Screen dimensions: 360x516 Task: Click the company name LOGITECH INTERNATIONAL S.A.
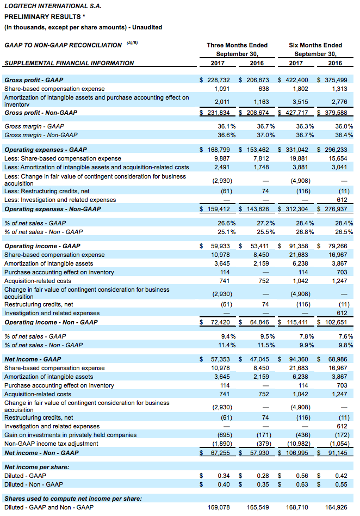[x=53, y=6]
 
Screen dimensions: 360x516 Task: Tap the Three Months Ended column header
[x=237, y=45]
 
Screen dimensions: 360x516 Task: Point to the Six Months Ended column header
[x=315, y=45]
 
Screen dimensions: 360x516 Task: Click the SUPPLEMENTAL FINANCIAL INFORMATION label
[x=69, y=63]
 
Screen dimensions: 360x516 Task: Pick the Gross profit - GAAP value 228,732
[x=219, y=80]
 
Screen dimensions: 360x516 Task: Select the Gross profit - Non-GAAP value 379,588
[x=336, y=113]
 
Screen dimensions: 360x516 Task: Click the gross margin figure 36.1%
[x=227, y=126]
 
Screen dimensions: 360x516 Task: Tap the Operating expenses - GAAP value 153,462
[x=258, y=150]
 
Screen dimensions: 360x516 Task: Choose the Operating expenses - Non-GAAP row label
[x=53, y=209]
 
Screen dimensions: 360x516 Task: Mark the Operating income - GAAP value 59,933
[x=220, y=246]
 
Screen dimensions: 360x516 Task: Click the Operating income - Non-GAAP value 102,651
[x=336, y=322]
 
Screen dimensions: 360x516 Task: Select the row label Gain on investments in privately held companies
[x=70, y=435]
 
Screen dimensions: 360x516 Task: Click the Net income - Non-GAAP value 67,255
[x=220, y=453]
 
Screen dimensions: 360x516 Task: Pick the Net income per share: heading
[x=37, y=467]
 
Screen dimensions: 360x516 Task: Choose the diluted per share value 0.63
[x=302, y=484]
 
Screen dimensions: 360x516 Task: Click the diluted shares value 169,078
[x=219, y=507]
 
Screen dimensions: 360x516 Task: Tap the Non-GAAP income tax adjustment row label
[x=51, y=444]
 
